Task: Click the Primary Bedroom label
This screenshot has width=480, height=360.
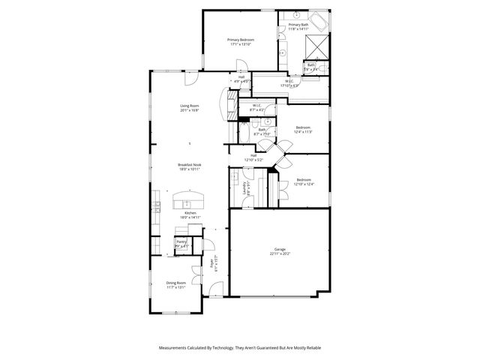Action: click(241, 39)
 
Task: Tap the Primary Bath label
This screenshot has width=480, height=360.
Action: click(298, 25)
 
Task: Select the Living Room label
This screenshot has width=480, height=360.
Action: click(189, 106)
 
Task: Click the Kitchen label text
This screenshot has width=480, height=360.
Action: click(190, 213)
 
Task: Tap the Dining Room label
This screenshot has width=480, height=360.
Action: click(175, 283)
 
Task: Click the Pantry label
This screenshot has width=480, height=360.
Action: click(181, 241)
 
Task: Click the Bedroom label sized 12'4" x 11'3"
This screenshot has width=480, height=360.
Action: click(303, 127)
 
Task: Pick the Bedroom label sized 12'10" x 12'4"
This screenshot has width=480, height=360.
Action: click(303, 179)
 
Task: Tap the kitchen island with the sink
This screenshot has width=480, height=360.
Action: click(189, 201)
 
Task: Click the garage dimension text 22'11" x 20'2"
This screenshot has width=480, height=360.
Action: click(280, 253)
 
